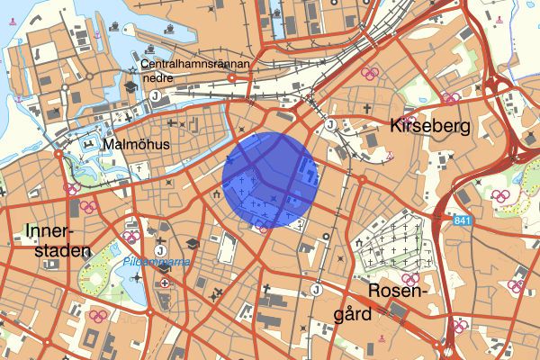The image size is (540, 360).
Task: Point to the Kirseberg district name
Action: [430, 127]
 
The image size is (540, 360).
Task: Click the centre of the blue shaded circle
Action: [268, 180]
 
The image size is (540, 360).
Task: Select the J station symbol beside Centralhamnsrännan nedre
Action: [155, 95]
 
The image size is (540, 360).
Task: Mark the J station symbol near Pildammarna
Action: [159, 249]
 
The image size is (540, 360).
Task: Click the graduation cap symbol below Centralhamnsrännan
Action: [132, 86]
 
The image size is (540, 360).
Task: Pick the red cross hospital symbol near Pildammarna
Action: [165, 282]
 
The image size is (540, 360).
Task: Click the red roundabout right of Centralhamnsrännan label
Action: [232, 78]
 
